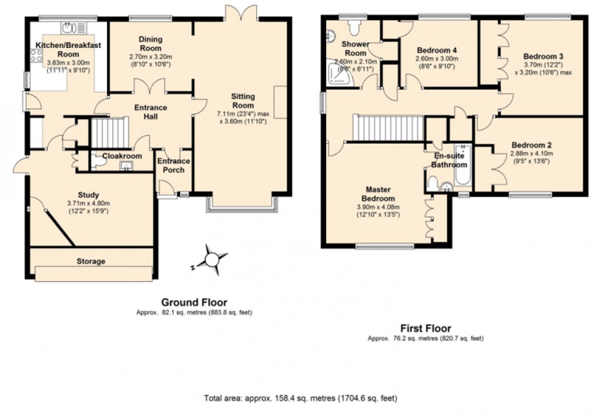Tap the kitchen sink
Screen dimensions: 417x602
pyautogui.click(x=69, y=28)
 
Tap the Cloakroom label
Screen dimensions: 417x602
pyautogui.click(x=122, y=156)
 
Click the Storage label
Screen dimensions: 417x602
pyautogui.click(x=90, y=261)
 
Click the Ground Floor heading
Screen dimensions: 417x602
pyautogui.click(x=194, y=302)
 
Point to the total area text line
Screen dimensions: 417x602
pyautogui.click(x=300, y=399)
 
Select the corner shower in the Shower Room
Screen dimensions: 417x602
pyautogui.click(x=337, y=70)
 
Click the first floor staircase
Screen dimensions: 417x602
pyautogui.click(x=388, y=128)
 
